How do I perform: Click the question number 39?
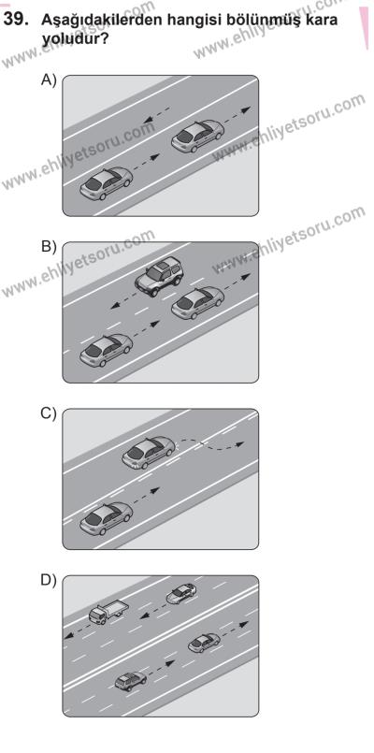(x=15, y=20)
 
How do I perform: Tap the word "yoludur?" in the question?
(x=74, y=38)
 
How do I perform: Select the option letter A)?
(x=49, y=80)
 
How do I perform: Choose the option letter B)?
(x=49, y=247)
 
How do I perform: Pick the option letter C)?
(x=49, y=413)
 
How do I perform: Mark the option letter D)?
(x=49, y=580)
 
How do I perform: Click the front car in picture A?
(x=198, y=136)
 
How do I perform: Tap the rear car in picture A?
(x=106, y=183)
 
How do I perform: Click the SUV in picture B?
(x=159, y=276)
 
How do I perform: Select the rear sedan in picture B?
(x=106, y=350)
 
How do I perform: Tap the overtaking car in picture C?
(x=149, y=453)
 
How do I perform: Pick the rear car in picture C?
(x=106, y=518)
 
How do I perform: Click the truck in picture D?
(x=108, y=613)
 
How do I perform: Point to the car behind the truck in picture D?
(x=181, y=593)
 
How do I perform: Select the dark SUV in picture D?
(x=131, y=680)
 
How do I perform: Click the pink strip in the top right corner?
(x=365, y=26)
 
